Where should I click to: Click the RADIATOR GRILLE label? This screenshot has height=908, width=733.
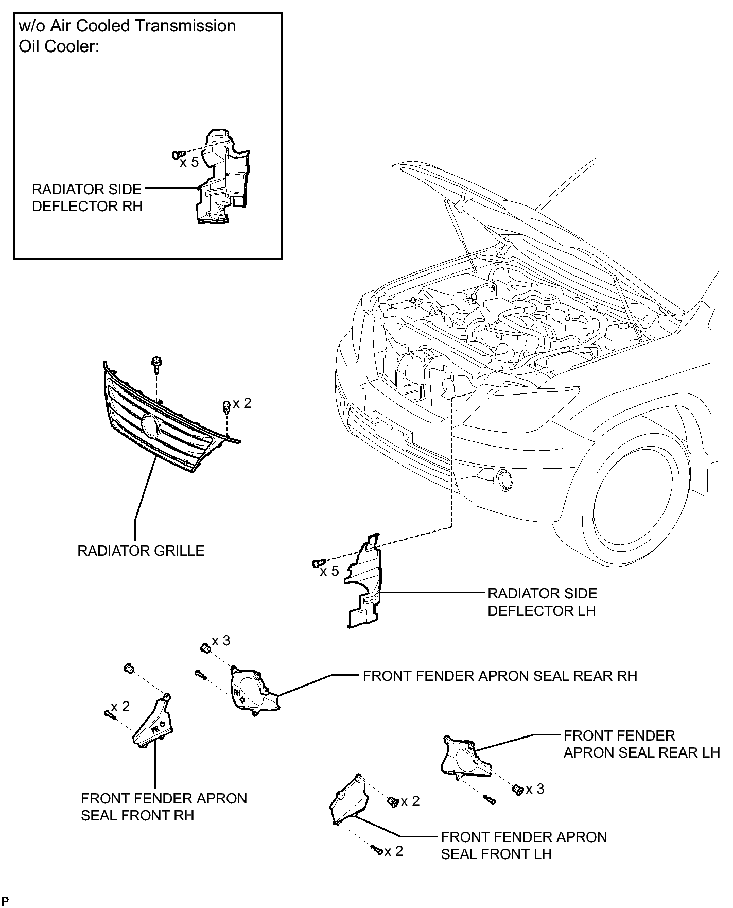click(141, 551)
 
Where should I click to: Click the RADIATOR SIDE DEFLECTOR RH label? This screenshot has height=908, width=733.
click(87, 197)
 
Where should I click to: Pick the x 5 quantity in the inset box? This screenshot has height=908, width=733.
click(189, 162)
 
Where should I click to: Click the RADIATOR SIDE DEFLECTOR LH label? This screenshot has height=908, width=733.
click(542, 602)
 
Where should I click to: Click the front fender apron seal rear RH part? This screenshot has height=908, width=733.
click(254, 690)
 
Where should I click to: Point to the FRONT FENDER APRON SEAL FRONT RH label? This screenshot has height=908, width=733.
click(164, 807)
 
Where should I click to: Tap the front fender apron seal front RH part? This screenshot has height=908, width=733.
click(153, 721)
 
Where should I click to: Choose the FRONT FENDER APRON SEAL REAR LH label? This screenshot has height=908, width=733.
click(641, 744)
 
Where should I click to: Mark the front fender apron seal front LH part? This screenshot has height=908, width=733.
click(348, 799)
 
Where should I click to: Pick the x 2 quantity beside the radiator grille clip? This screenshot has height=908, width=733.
click(242, 403)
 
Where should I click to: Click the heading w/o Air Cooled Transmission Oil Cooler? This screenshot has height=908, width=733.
click(127, 36)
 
